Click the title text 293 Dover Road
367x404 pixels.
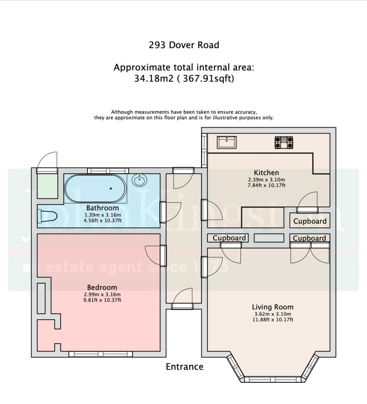click(x=184, y=45)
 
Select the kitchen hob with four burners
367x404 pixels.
click(x=284, y=142)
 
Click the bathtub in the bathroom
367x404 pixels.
click(x=96, y=189)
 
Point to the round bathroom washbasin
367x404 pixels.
click(x=139, y=181)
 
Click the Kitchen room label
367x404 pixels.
click(x=266, y=172)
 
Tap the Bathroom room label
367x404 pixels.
click(x=102, y=208)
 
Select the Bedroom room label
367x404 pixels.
click(x=102, y=288)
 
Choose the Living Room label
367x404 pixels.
click(x=272, y=307)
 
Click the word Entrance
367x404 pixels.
click(x=184, y=367)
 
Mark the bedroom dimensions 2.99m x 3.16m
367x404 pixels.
click(x=102, y=294)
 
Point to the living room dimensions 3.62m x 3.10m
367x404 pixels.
click(x=272, y=314)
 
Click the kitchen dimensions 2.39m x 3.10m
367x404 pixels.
click(x=266, y=179)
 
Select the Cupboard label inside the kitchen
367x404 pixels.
click(x=310, y=221)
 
